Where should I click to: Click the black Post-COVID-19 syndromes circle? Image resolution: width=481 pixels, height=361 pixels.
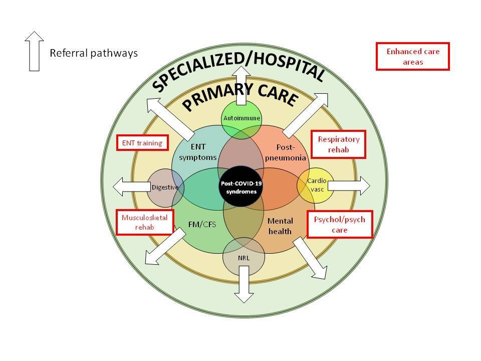point(241,187)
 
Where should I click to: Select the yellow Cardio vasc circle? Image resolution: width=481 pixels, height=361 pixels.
point(315,186)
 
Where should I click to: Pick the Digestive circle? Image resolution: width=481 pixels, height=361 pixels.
point(166,188)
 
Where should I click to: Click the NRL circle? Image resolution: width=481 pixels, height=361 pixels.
point(244,257)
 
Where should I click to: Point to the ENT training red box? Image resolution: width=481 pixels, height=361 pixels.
point(142,143)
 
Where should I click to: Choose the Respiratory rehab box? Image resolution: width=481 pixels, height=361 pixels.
point(338,144)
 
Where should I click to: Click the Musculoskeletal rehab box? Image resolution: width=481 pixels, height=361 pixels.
point(145,222)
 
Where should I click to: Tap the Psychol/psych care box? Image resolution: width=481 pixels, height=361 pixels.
point(340,225)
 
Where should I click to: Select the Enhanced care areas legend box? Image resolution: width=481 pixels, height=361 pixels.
point(412,57)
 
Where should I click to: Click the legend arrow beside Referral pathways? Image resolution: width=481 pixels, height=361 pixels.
point(35,51)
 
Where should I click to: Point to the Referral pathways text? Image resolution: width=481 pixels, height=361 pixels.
point(94,53)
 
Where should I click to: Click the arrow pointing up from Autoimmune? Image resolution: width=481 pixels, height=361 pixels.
point(242,86)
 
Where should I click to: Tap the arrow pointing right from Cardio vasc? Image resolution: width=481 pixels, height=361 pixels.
point(349,186)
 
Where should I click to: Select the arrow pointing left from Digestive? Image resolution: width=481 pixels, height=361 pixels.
point(132,187)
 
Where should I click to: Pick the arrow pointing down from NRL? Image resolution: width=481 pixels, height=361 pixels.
point(244,284)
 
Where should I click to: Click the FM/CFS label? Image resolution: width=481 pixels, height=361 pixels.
point(202,225)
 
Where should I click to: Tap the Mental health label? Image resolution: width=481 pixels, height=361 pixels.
point(280,226)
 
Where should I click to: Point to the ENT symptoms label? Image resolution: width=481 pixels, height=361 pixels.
point(198,152)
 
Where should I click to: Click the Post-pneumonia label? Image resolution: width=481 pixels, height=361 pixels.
point(286,152)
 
